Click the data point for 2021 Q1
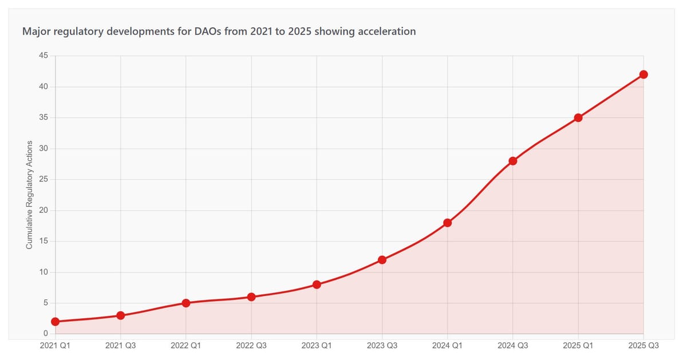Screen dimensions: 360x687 [x=55, y=322]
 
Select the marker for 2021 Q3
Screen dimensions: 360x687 [x=120, y=315]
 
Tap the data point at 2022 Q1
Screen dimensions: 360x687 [x=186, y=303]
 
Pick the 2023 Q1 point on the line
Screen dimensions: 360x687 [x=317, y=284]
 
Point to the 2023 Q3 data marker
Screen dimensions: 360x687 [x=382, y=260]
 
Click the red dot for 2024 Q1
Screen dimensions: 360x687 [x=448, y=223]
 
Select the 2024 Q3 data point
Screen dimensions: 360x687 [x=513, y=161]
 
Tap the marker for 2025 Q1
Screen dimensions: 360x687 [x=578, y=118]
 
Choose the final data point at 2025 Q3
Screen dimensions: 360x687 [x=643, y=74]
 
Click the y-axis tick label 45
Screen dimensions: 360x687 [x=44, y=56]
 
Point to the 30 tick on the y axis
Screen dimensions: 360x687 [x=44, y=149]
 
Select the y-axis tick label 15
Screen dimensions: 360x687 [x=44, y=242]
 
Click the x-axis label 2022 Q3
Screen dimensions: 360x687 [x=251, y=346]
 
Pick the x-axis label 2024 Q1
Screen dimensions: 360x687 [x=448, y=346]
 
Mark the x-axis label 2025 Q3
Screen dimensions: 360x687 [x=643, y=346]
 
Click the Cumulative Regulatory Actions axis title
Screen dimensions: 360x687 [x=29, y=195]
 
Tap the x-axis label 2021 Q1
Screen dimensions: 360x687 [x=55, y=346]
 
